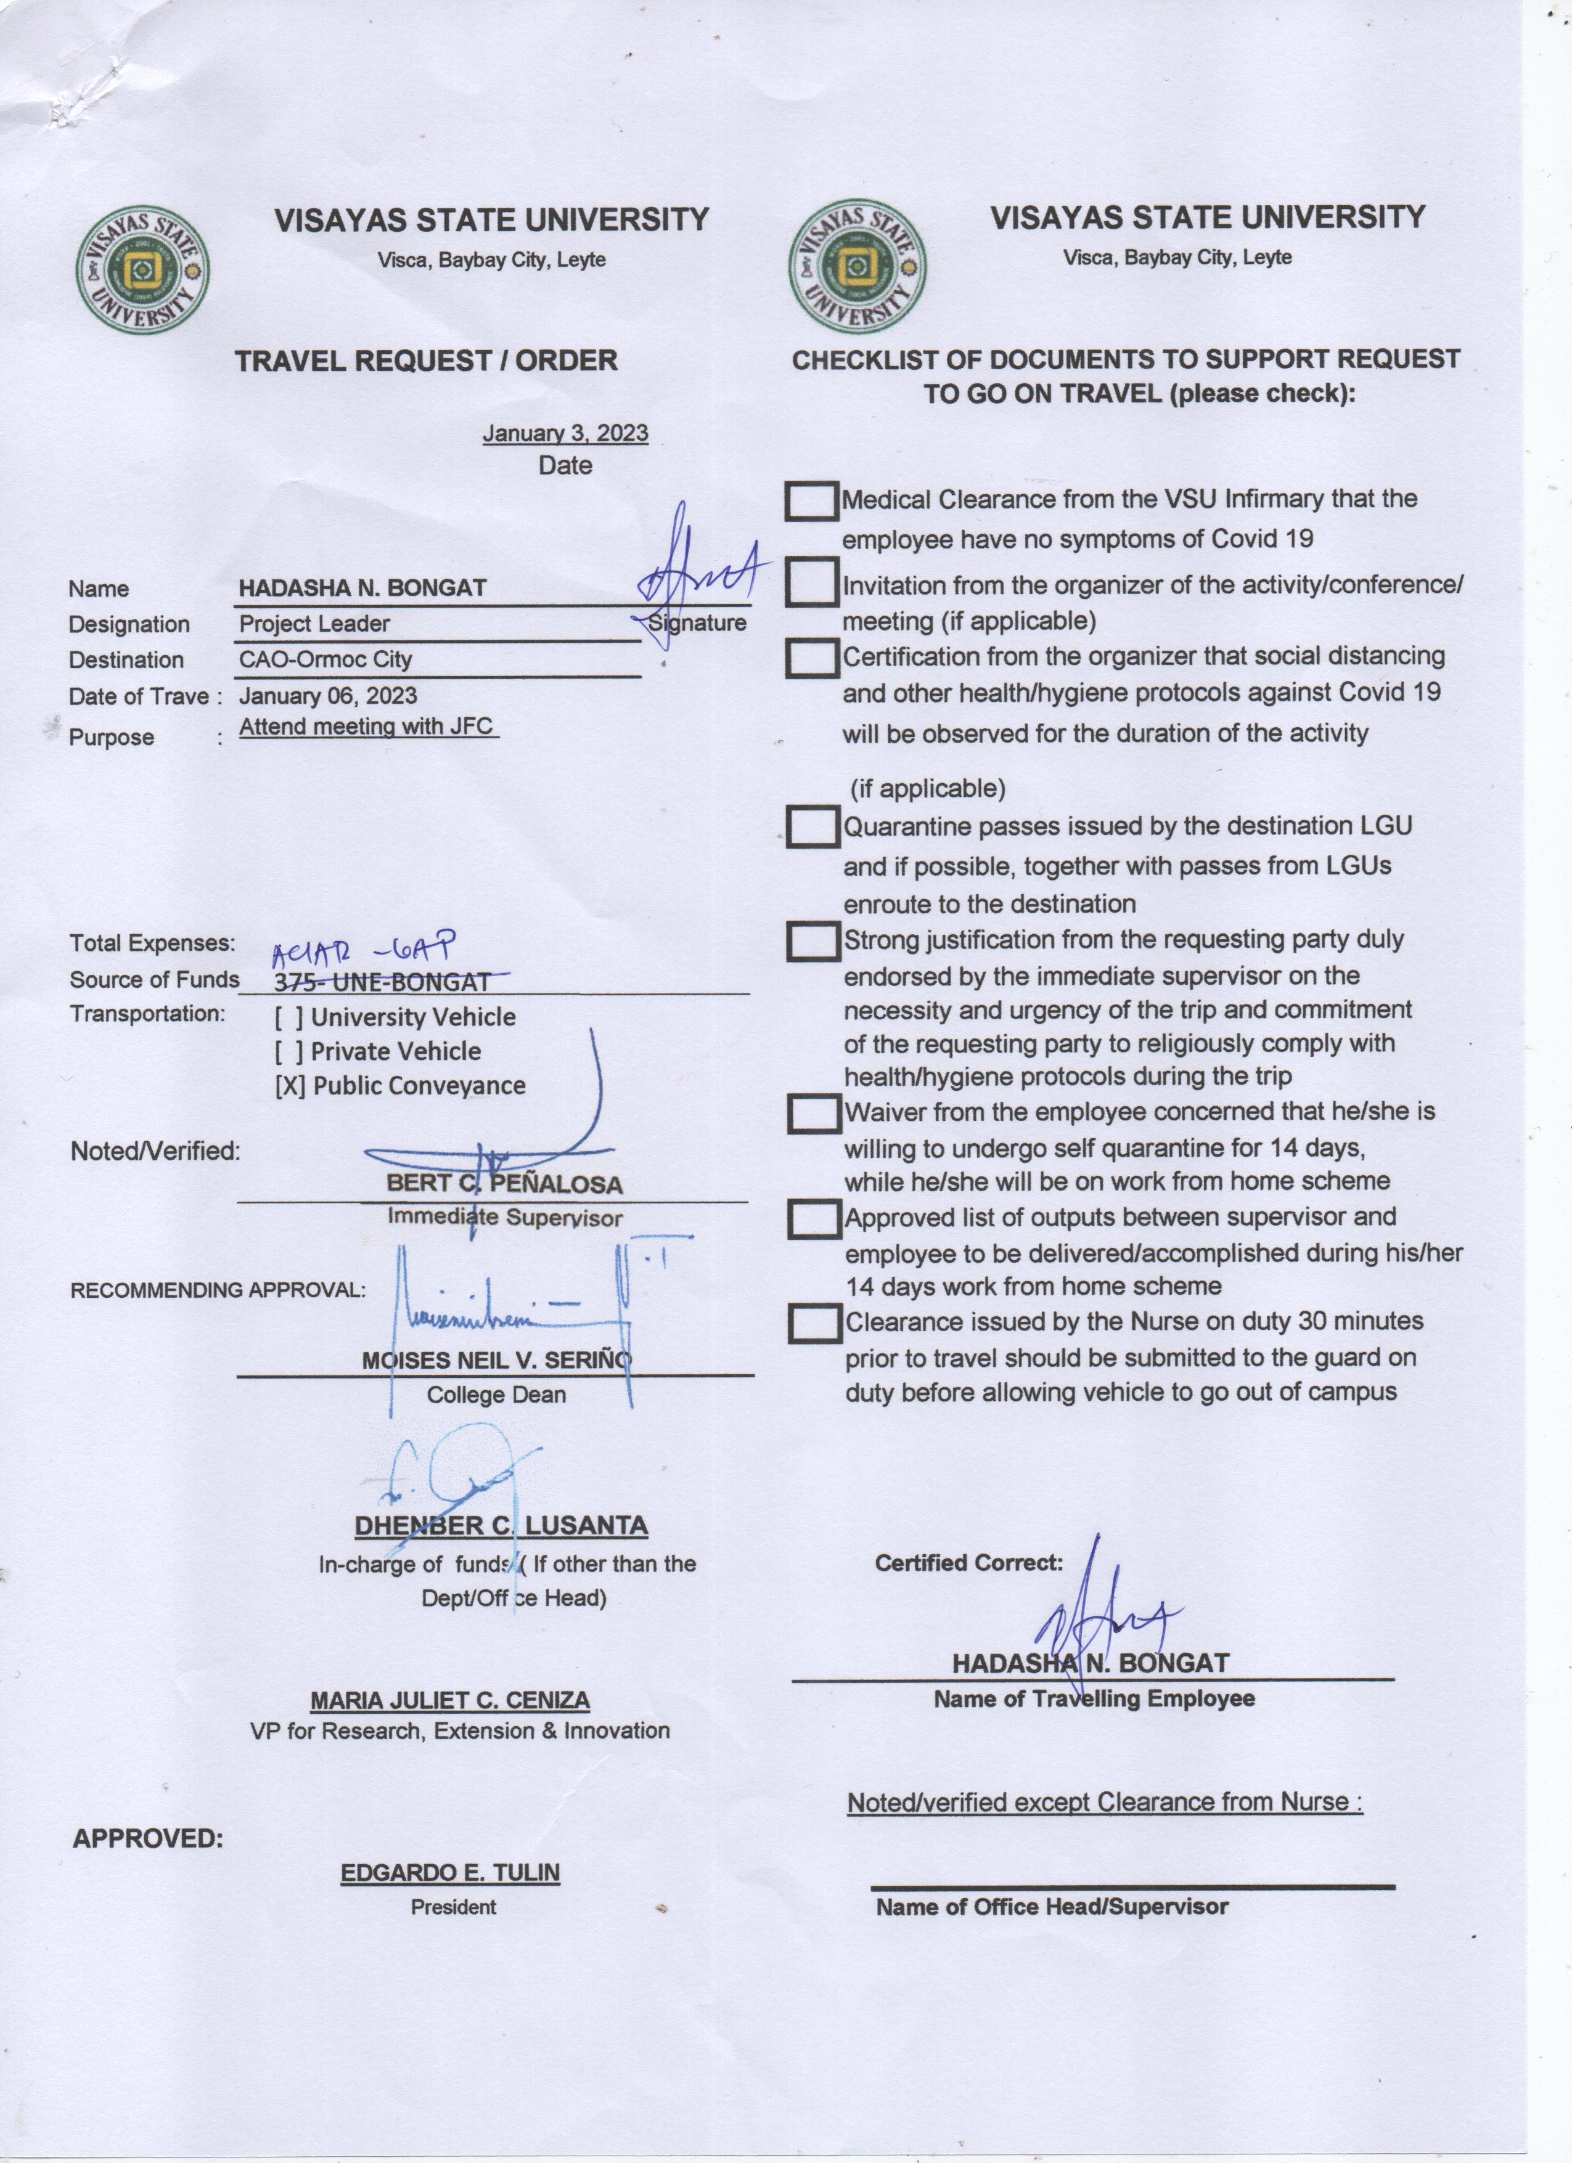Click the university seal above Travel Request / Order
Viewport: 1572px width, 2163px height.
tap(143, 272)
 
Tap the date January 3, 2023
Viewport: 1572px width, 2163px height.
tap(565, 433)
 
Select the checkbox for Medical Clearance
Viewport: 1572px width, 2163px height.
tap(812, 500)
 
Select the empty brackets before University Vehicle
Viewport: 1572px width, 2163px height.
tap(290, 1017)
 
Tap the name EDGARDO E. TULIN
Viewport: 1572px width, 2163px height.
tap(450, 1872)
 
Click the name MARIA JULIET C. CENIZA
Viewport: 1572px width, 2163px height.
tap(450, 1700)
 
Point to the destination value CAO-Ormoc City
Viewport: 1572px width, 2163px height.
tap(325, 659)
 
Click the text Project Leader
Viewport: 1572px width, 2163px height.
tap(314, 624)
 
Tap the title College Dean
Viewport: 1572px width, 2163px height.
tap(496, 1395)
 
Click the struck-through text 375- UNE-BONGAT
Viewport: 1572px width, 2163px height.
tap(382, 981)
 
